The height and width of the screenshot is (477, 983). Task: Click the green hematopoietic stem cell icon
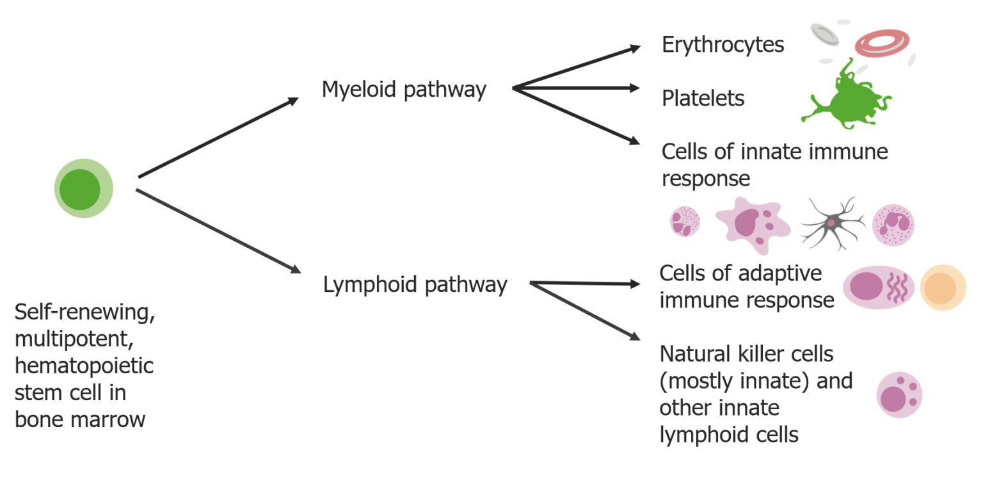click(83, 189)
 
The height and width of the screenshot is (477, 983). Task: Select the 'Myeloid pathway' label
click(404, 90)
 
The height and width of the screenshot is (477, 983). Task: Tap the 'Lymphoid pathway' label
click(415, 284)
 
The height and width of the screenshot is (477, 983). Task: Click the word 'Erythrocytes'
click(723, 45)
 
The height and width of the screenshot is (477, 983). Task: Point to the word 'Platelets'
click(703, 99)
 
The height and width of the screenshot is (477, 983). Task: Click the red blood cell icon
click(882, 44)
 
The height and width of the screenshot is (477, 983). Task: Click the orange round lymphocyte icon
click(942, 287)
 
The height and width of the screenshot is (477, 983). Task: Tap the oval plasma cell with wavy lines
click(879, 287)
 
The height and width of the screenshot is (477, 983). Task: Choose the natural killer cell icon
click(899, 395)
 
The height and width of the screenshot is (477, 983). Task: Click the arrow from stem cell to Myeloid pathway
click(218, 138)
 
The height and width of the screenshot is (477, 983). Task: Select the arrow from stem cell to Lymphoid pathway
click(218, 231)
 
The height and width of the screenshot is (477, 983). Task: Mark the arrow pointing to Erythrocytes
click(576, 67)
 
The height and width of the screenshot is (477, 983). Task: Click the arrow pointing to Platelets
click(576, 88)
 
